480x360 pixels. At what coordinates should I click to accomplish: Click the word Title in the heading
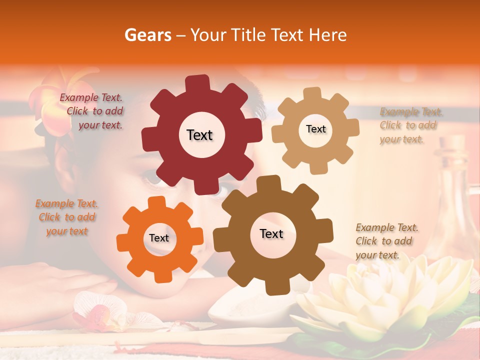(x=249, y=35)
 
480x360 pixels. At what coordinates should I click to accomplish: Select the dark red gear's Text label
(x=199, y=135)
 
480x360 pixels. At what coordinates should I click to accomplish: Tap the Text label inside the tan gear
(x=315, y=129)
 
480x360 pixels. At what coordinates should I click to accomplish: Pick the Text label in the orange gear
(x=159, y=238)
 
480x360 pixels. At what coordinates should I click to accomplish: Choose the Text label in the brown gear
(x=271, y=234)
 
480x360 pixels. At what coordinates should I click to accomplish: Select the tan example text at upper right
(x=409, y=125)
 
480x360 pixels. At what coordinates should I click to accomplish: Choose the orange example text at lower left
(x=66, y=217)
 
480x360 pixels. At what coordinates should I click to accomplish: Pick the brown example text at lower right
(x=386, y=241)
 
